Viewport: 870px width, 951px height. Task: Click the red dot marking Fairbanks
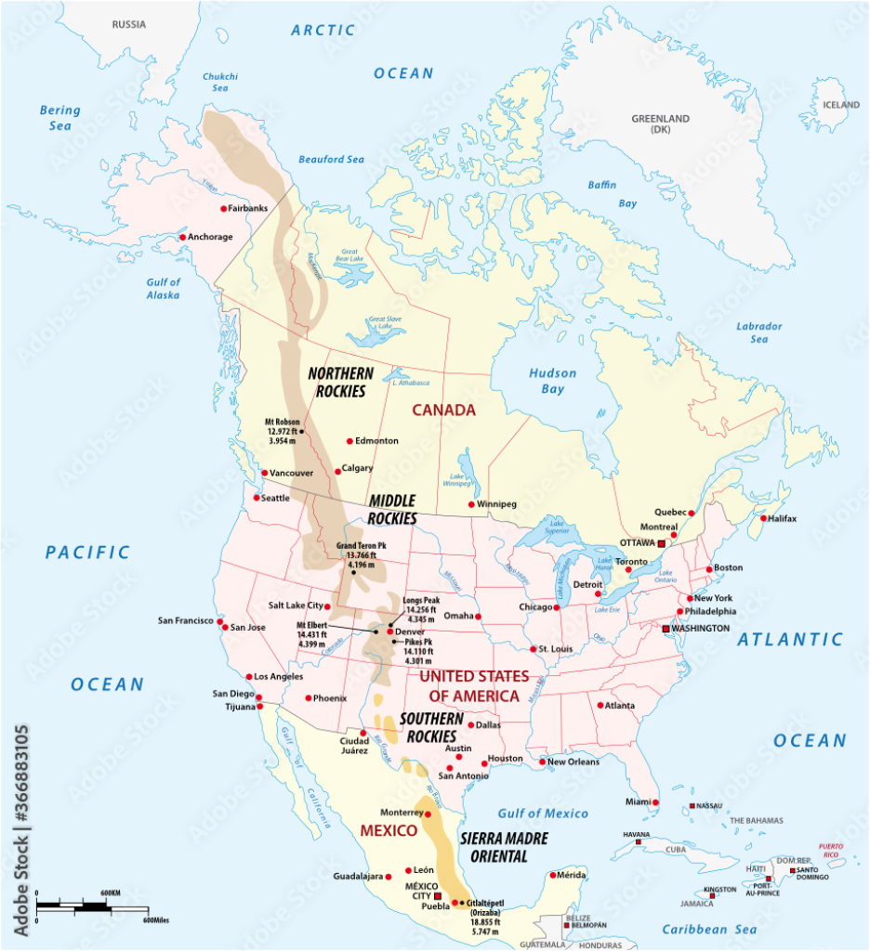point(223,209)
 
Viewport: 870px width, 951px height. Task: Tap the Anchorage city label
point(210,237)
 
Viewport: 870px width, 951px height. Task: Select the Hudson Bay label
point(553,381)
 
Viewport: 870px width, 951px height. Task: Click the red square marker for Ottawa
point(661,542)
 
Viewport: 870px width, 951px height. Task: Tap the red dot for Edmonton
point(349,441)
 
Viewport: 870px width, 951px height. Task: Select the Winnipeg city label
point(494,504)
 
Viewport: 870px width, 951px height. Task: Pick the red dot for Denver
point(389,632)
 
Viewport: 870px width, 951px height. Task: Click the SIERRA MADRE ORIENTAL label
point(504,847)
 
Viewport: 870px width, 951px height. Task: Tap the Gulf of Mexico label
point(543,814)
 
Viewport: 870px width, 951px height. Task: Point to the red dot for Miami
point(655,802)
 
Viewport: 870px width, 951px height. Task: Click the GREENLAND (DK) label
point(661,124)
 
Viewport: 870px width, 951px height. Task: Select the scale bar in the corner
point(92,905)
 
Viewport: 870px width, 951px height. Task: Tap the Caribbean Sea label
point(709,929)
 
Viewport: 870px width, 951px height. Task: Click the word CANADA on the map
point(443,410)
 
